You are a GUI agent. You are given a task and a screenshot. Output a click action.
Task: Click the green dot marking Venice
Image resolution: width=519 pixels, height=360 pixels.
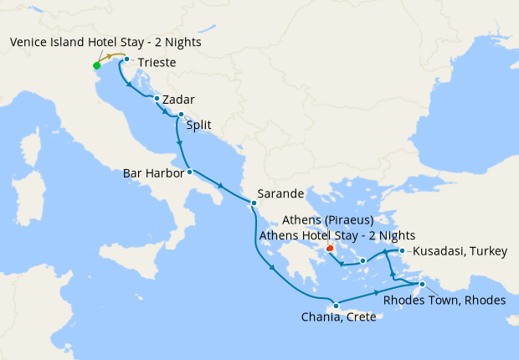coord(96,65)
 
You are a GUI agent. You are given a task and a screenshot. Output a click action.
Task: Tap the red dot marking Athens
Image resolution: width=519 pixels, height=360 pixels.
coord(330,248)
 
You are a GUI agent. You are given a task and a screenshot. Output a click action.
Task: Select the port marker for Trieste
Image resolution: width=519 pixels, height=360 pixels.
coord(126,59)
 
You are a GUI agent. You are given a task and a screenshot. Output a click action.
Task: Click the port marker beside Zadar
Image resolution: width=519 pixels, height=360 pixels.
coord(157,99)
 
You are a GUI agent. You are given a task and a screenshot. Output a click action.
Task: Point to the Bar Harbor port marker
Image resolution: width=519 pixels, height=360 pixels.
coord(189,172)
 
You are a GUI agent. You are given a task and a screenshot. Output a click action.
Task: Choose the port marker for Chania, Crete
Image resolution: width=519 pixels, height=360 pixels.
coord(335,305)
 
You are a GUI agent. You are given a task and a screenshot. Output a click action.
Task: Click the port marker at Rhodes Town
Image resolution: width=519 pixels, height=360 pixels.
coord(422,285)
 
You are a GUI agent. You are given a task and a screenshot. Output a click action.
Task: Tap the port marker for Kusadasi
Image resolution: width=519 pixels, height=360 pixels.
coord(403,251)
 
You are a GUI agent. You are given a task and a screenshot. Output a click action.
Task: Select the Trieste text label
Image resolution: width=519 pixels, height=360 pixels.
coord(157,62)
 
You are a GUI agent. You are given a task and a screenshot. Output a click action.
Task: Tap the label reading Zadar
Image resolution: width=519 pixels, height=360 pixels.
coord(180,100)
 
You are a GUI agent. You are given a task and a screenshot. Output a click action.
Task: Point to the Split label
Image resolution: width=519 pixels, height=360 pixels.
coord(198,126)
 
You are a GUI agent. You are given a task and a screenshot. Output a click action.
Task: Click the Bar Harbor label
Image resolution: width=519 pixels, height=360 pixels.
coord(153,173)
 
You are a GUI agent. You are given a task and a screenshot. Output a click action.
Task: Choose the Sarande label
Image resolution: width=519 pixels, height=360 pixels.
coord(280,193)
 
